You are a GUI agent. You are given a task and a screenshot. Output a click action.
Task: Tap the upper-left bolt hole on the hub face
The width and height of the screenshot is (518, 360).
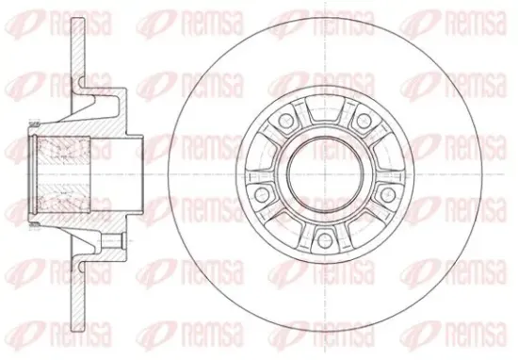(x=285, y=120)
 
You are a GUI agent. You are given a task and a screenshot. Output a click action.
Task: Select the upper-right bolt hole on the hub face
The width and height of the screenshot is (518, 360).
(x=364, y=120)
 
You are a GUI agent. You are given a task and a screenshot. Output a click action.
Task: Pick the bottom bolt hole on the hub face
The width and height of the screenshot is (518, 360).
(x=325, y=238)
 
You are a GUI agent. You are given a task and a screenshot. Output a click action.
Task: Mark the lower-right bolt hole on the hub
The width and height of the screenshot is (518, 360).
(x=388, y=194)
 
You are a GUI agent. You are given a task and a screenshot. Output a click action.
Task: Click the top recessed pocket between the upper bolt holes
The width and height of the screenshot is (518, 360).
(x=325, y=108)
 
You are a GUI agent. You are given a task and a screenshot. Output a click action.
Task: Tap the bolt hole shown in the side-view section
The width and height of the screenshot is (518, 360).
(x=111, y=241)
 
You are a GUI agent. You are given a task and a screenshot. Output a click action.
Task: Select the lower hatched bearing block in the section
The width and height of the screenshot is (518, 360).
(x=63, y=198)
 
